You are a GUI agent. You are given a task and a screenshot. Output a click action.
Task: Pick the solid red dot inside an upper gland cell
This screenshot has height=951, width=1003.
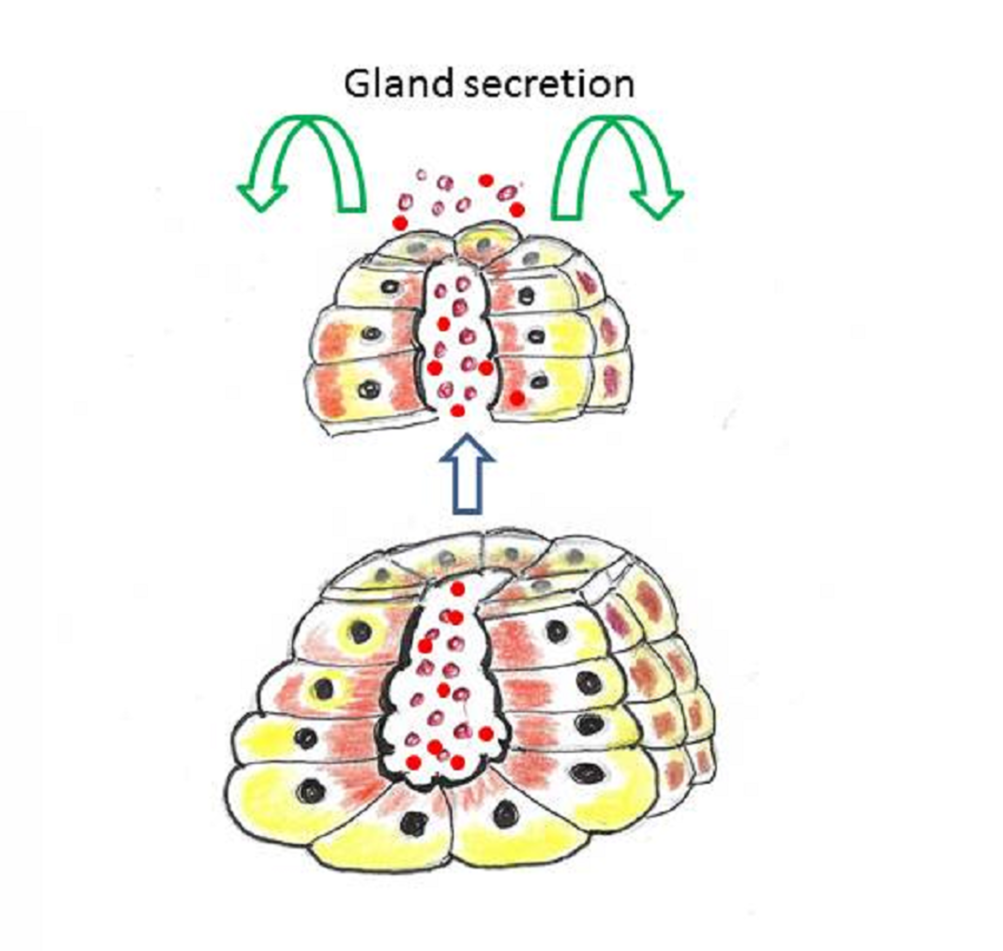(516, 399)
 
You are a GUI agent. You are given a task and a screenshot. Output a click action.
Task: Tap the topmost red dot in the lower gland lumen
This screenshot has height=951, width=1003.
(457, 589)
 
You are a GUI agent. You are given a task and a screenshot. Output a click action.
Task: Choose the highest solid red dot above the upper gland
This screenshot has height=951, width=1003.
(486, 180)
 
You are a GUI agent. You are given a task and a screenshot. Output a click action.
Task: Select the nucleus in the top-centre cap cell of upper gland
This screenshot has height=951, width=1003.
(484, 245)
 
